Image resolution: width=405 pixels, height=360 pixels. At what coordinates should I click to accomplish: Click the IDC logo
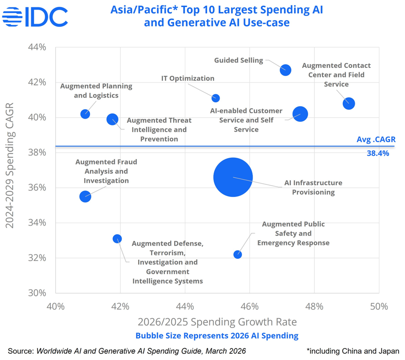[x=35, y=17]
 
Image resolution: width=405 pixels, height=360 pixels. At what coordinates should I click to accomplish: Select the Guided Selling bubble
[x=285, y=70]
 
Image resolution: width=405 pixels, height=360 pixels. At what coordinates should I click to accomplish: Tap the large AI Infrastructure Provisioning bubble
[x=233, y=177]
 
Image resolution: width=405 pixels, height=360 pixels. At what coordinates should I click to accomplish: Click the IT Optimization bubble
[x=216, y=98]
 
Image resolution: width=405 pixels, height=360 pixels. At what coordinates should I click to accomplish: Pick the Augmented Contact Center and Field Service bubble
[x=349, y=104]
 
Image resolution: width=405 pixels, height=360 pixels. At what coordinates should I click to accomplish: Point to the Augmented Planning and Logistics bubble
[x=85, y=114]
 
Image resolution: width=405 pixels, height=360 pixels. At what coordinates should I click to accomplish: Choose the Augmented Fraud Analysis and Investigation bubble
[x=85, y=196]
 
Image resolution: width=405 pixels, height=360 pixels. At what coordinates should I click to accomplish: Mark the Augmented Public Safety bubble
[x=237, y=254]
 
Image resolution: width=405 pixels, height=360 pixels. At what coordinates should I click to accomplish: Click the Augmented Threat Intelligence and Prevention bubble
[x=112, y=119]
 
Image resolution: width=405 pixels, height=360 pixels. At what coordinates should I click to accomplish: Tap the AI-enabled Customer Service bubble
[x=300, y=114]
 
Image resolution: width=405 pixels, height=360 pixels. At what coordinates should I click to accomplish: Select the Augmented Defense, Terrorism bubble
[x=117, y=239]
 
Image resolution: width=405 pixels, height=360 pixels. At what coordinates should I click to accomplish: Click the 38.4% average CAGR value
[x=378, y=154]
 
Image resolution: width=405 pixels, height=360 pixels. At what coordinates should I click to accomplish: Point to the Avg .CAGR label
[x=376, y=139]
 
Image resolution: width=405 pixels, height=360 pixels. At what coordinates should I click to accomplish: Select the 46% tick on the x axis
[x=250, y=307]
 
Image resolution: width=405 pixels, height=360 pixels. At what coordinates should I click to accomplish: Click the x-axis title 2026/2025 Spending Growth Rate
[x=217, y=322]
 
